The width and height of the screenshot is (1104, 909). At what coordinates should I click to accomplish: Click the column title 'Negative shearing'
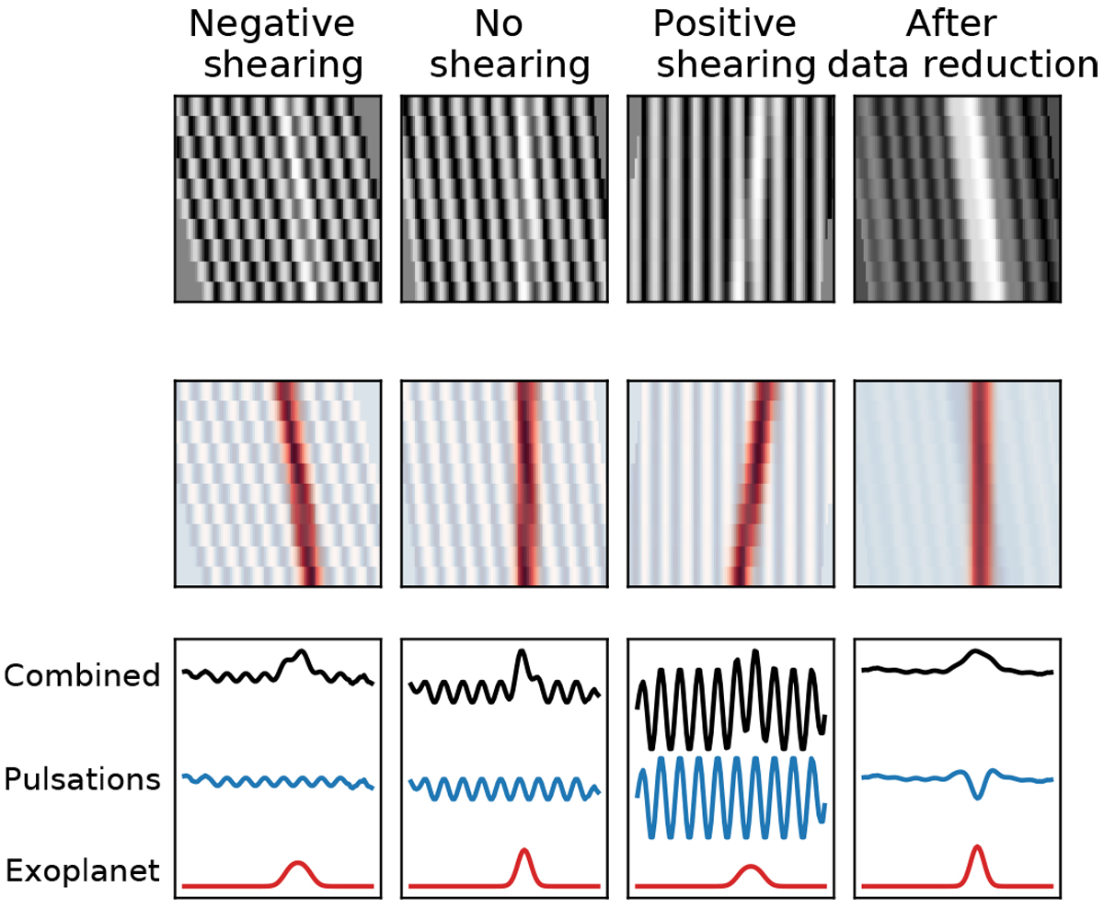(276, 44)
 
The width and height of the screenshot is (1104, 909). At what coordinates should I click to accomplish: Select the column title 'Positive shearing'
(731, 44)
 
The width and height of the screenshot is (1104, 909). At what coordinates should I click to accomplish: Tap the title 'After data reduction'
(961, 44)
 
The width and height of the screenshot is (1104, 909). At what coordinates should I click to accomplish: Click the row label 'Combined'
(82, 676)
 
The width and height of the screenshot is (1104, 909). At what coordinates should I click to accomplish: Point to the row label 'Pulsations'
(82, 780)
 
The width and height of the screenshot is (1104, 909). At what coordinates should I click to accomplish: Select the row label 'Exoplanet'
(82, 869)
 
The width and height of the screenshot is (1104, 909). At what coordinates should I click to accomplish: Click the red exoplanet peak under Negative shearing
(297, 865)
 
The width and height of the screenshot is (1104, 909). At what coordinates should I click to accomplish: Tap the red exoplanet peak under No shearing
(524, 852)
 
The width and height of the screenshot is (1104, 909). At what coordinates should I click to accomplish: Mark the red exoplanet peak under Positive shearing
(752, 869)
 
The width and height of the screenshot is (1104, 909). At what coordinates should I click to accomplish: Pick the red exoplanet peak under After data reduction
(977, 849)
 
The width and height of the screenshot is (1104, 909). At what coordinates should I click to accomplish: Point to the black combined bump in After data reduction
(977, 655)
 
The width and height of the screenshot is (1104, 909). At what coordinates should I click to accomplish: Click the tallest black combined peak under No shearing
(523, 652)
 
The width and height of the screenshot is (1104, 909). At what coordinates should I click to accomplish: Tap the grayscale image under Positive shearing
(731, 199)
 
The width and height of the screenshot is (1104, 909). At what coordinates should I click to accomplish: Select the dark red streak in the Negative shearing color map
(296, 482)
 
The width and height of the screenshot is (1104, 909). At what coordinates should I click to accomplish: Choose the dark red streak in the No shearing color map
(525, 482)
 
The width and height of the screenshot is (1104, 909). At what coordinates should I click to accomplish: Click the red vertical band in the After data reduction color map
(982, 482)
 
